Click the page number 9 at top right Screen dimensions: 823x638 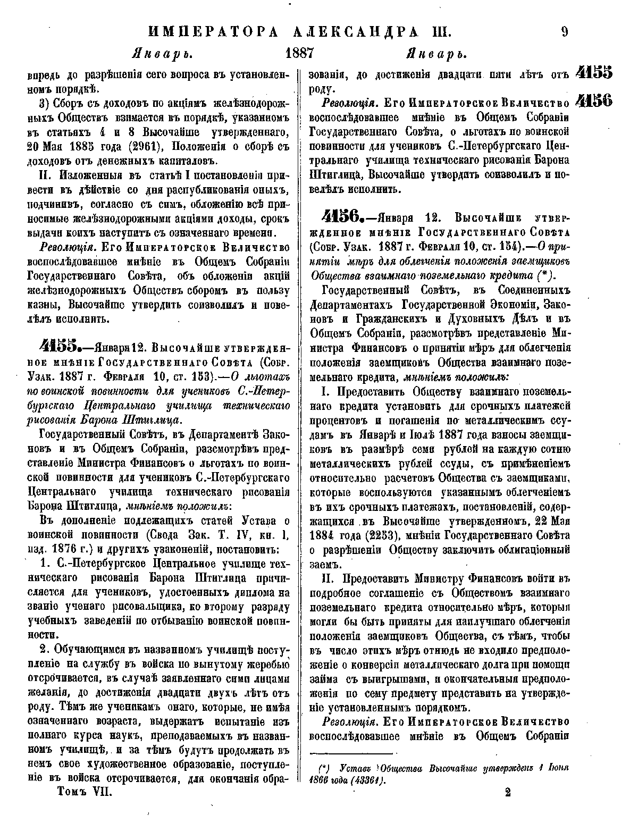(564, 31)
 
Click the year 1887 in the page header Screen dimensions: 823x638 (301, 54)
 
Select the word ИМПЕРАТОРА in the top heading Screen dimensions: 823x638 (212, 31)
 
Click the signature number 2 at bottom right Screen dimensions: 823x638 (508, 792)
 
